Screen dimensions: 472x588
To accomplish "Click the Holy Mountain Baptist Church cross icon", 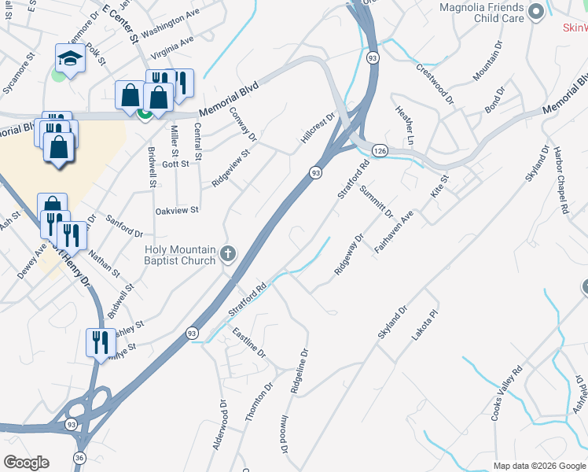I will (x=228, y=253).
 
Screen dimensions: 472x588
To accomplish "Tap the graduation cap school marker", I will (x=70, y=59).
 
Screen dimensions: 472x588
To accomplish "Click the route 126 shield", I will (x=380, y=150).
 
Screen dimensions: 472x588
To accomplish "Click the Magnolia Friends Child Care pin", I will (x=537, y=11).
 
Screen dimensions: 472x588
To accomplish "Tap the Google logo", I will (x=26, y=463).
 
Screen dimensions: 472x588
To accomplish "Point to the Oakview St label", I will (x=177, y=211).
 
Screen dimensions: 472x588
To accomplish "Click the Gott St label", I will (x=175, y=164).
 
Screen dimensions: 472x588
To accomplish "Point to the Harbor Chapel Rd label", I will (x=559, y=179).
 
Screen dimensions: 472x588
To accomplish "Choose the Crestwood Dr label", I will (x=435, y=83).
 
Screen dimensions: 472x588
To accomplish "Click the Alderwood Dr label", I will (x=219, y=425).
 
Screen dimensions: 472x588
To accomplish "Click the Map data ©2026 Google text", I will (x=538, y=466).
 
